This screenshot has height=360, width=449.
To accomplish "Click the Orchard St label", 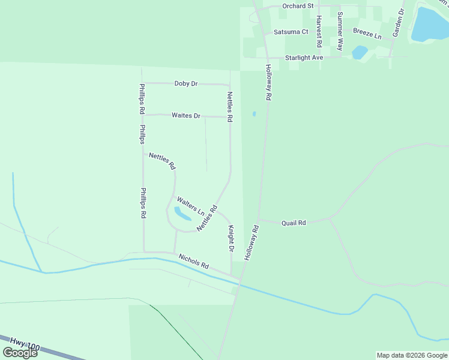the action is (x=298, y=6).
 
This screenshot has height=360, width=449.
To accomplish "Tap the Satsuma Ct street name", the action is (x=291, y=32).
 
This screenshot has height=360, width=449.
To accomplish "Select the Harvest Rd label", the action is (x=319, y=31).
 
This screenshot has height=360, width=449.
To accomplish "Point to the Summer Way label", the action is (x=340, y=31).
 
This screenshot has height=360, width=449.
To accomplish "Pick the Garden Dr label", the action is (x=399, y=23).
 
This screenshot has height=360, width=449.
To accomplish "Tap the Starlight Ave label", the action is (x=304, y=58).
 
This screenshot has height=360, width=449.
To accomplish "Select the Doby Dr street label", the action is (x=186, y=83).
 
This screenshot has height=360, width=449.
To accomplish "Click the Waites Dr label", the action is (x=186, y=115).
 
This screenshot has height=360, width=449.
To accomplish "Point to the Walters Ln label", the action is (x=190, y=205).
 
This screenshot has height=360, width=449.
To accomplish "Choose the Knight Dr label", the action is (x=231, y=238).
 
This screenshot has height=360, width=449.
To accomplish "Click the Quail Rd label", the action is (x=294, y=223).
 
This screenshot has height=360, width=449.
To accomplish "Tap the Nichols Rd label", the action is (x=193, y=261).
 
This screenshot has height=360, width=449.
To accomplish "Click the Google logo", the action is (x=20, y=353).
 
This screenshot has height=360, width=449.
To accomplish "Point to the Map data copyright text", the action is (x=412, y=355).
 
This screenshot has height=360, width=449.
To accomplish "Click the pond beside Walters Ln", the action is (x=181, y=213).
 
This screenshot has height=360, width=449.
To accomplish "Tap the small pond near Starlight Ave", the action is (x=360, y=52).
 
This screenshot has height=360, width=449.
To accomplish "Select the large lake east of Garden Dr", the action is (x=430, y=25).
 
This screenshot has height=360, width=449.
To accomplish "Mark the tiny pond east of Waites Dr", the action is (x=255, y=113).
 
